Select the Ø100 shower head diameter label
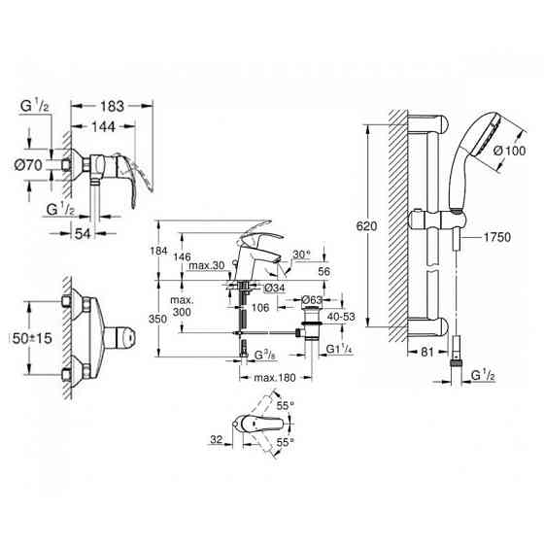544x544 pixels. click(x=510, y=151)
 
